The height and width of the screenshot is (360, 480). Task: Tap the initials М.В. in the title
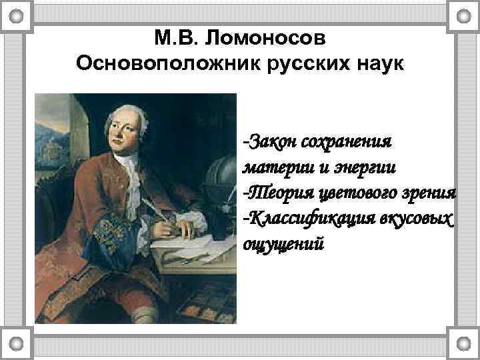(176, 38)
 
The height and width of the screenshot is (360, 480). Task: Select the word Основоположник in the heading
(163, 64)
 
